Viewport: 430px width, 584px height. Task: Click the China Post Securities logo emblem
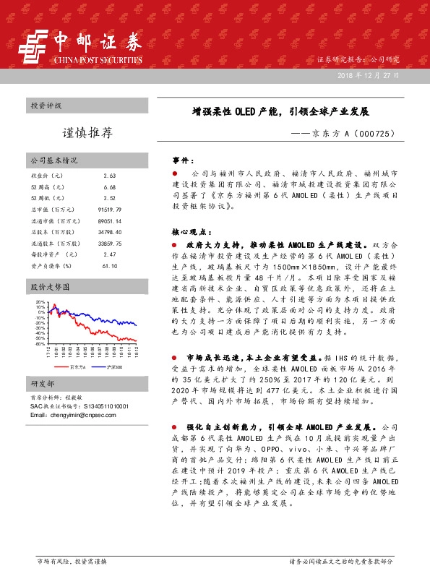(x=31, y=48)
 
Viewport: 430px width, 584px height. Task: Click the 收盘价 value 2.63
(x=110, y=176)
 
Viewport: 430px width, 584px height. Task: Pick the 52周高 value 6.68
(x=110, y=186)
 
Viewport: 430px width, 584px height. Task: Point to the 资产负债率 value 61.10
(x=110, y=265)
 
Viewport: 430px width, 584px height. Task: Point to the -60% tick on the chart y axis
(x=40, y=343)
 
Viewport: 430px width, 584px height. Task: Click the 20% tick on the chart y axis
(x=40, y=302)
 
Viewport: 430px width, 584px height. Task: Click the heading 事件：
(x=182, y=160)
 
